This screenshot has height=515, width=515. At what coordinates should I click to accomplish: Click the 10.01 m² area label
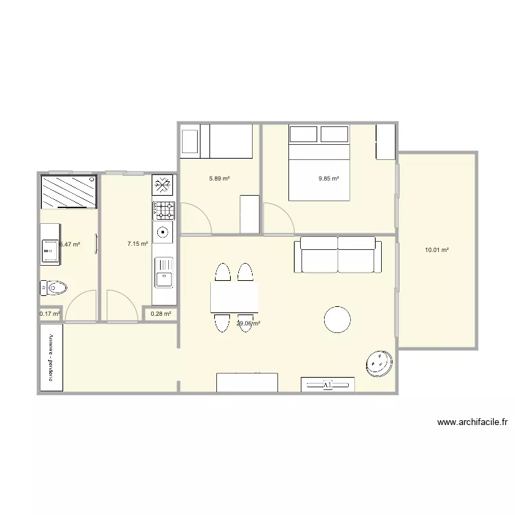coord(437,251)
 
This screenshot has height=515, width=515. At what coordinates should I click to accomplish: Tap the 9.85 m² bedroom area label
coord(329,179)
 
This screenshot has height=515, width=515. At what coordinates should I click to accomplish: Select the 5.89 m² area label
coord(219,179)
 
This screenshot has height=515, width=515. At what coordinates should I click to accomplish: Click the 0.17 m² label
coord(50,314)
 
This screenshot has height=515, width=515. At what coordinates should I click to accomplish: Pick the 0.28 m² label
coord(161,314)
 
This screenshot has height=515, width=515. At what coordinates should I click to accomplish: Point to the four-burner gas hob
coord(163,209)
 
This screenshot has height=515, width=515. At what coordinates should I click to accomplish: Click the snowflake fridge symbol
coord(163,185)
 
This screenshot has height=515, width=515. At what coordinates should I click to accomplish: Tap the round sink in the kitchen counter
coord(163,232)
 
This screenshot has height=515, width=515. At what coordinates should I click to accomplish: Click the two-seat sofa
coord(338,255)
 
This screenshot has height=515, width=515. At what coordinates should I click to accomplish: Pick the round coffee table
coord(337,319)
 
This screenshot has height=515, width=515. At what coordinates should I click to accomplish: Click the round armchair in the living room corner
coord(379,363)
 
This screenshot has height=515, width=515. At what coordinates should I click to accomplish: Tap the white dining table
coord(234,297)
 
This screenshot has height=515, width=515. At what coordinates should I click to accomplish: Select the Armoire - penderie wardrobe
coord(51,357)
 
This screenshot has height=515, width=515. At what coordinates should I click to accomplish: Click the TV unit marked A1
coord(328,385)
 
